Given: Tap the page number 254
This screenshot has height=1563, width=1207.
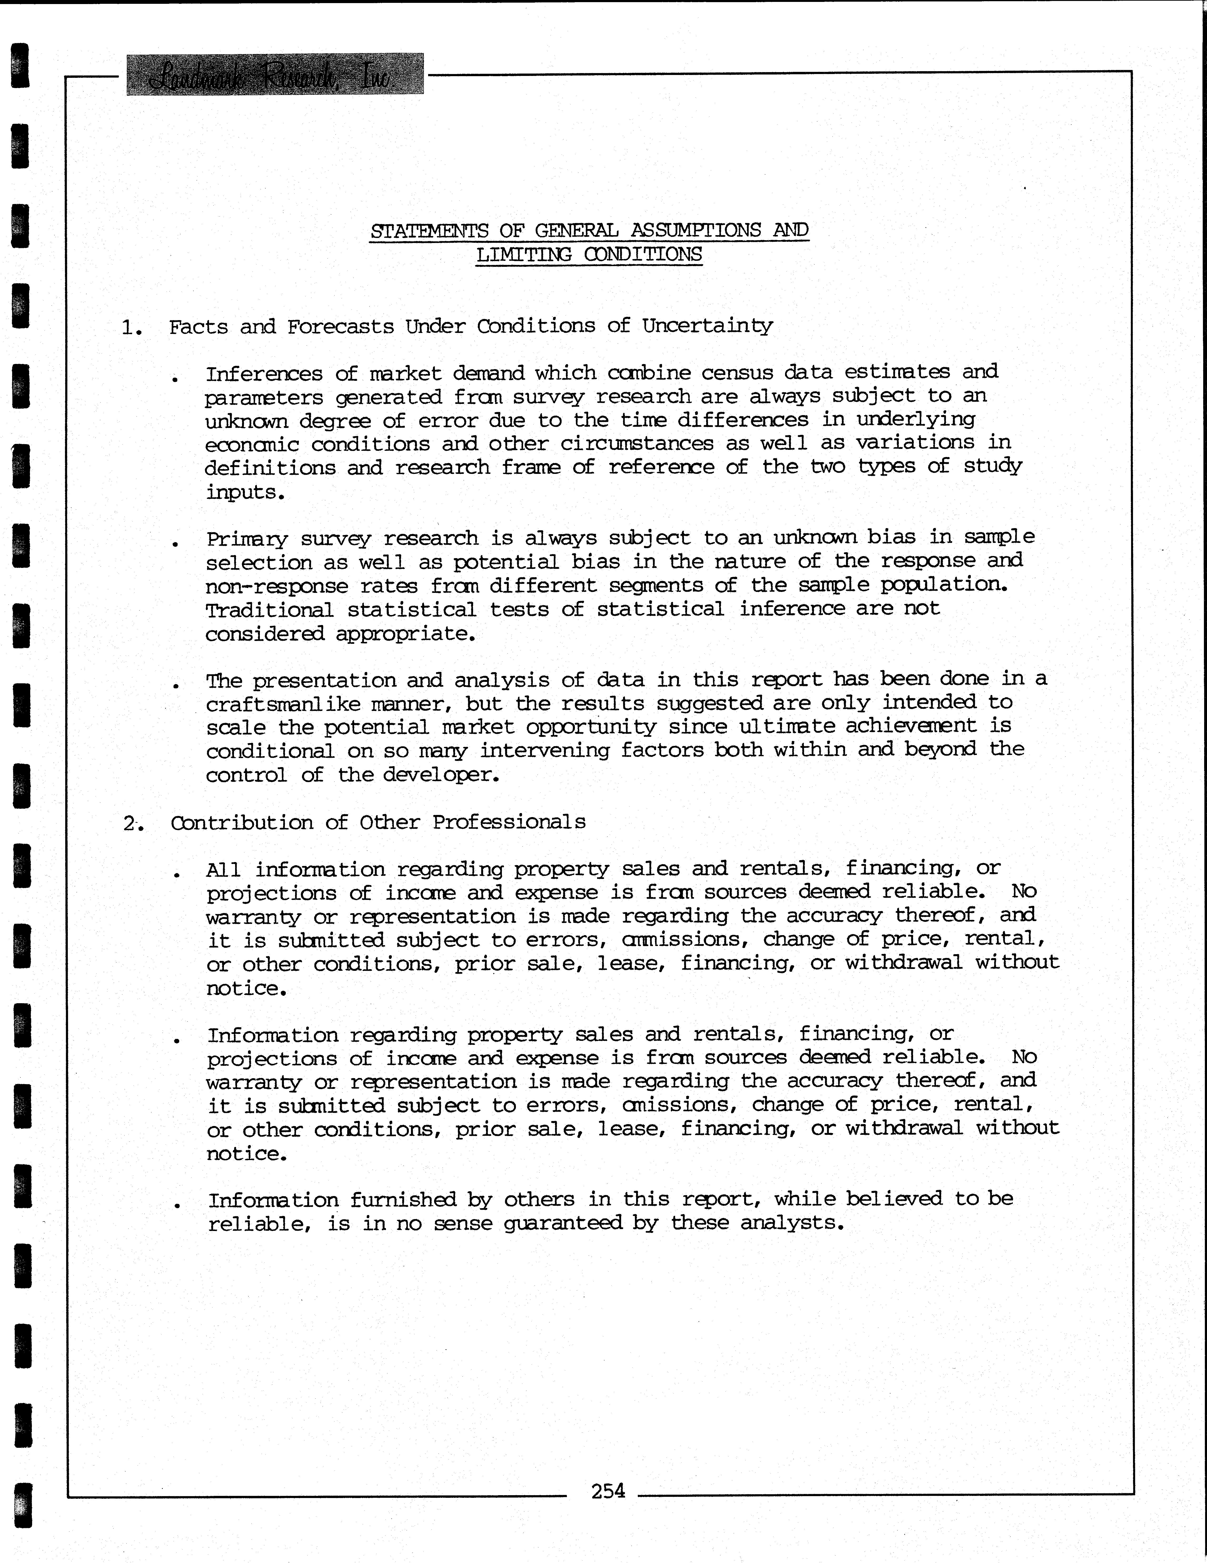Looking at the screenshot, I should tap(608, 1490).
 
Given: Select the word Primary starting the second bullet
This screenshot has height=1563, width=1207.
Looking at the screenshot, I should tap(247, 539).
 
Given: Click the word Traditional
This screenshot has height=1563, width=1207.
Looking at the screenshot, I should tap(269, 610).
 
